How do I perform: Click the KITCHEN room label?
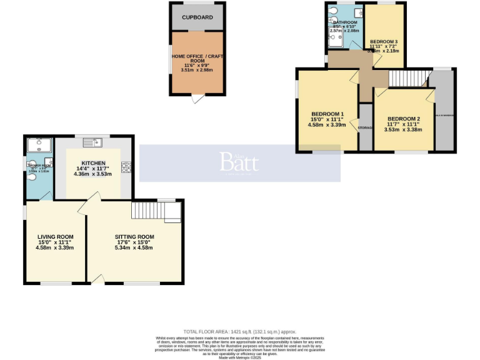pyautogui.click(x=92, y=162)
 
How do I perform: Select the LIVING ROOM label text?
pyautogui.click(x=55, y=237)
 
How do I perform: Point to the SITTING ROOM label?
pyautogui.click(x=134, y=237)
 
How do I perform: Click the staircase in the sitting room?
pyautogui.click(x=151, y=211)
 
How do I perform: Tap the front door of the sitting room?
pyautogui.click(x=97, y=279)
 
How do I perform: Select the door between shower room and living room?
pyautogui.click(x=46, y=197)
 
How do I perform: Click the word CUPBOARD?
pyautogui.click(x=197, y=17)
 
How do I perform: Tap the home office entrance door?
pyautogui.click(x=197, y=99)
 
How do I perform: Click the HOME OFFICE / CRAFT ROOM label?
pyautogui.click(x=197, y=60)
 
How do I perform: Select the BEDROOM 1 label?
pyautogui.click(x=327, y=114)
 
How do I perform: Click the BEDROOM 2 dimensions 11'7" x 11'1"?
pyautogui.click(x=403, y=124)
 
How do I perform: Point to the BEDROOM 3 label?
pyautogui.click(x=384, y=41)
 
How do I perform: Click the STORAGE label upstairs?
pyautogui.click(x=365, y=128)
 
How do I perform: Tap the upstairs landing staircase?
pyautogui.click(x=406, y=79)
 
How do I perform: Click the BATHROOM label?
pyautogui.click(x=344, y=22)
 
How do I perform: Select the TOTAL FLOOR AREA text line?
pyautogui.click(x=239, y=332)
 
